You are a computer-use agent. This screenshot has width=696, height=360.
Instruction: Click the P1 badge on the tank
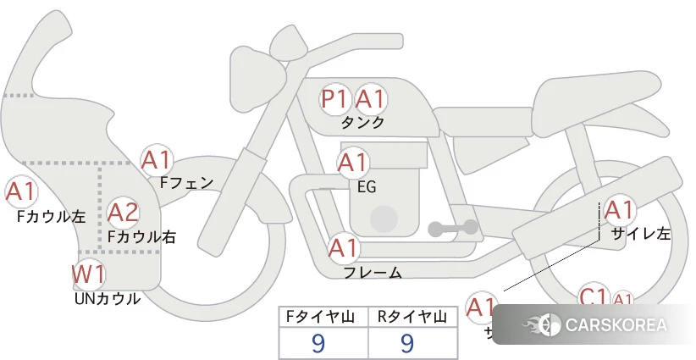point(334,100)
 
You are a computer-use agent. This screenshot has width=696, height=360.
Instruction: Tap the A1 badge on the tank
point(370,100)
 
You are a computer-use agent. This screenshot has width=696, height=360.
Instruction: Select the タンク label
point(362,123)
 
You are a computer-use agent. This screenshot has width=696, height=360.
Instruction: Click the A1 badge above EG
point(353,162)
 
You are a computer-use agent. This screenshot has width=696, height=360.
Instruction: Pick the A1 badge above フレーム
point(343,249)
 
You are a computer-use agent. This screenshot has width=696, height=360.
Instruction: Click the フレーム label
point(373,273)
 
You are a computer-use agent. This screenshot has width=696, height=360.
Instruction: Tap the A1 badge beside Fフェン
point(157,159)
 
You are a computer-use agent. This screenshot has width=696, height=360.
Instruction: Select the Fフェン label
point(186,182)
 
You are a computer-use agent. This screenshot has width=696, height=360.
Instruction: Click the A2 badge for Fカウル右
point(123,212)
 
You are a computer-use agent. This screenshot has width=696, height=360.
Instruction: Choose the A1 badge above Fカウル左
point(20,192)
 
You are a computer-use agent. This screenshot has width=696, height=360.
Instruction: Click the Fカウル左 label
point(51,217)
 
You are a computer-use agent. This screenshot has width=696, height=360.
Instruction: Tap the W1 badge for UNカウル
point(88,274)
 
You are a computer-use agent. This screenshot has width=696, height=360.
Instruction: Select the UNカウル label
point(108,298)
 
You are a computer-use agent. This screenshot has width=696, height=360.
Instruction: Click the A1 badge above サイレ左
point(618,209)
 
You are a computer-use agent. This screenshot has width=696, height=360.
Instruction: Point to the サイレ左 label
point(640,234)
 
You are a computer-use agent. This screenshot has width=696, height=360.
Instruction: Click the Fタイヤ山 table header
point(323,317)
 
